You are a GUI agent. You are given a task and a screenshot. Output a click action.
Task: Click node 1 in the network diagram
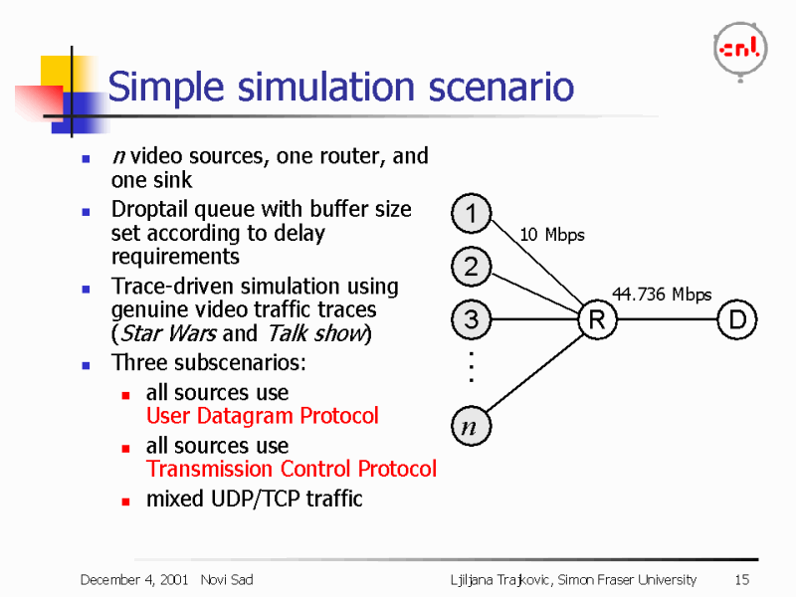[x=471, y=213]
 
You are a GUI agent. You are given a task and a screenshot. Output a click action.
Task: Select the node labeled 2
[x=471, y=267]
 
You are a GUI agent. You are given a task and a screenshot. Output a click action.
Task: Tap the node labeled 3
[x=471, y=320]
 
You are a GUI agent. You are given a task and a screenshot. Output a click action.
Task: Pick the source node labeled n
[x=468, y=428]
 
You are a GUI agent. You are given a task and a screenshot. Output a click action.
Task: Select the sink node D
[x=737, y=320]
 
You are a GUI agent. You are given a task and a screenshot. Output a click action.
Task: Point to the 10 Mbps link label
[x=552, y=236]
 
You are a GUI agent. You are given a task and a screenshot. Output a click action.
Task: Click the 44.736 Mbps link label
[x=662, y=295]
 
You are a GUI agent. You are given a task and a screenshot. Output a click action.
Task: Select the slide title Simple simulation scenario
[x=340, y=88]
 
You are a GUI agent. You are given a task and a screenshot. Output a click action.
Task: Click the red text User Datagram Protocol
[x=262, y=416]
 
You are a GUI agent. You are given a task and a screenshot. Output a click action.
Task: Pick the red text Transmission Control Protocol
[x=291, y=469]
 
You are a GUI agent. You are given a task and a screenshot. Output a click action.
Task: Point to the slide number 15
[x=741, y=579]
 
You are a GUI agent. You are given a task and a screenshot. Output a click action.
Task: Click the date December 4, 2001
[x=134, y=579]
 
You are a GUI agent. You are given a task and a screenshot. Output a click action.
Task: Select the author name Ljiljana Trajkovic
[x=494, y=579]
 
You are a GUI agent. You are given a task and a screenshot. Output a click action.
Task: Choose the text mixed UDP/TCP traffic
[x=254, y=498]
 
